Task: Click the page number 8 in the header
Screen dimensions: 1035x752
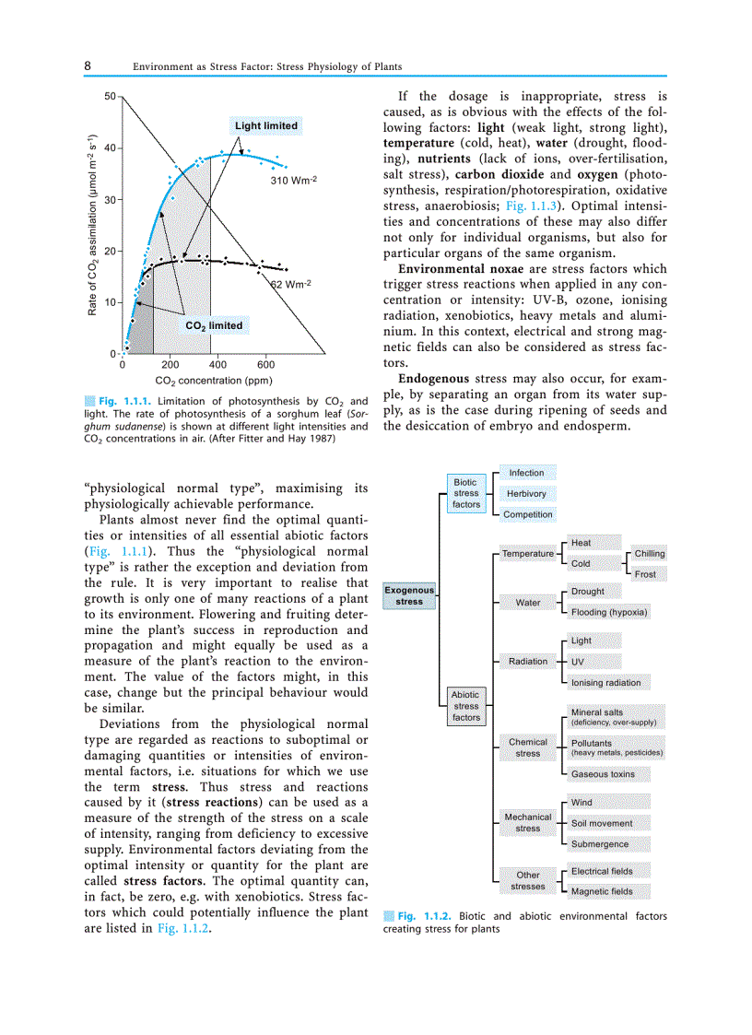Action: point(88,66)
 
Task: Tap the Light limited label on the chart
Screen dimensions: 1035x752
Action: point(266,125)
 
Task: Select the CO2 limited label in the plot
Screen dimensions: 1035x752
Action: point(214,325)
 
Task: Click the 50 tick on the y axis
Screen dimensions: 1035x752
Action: point(110,96)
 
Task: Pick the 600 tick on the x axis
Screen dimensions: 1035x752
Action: point(265,366)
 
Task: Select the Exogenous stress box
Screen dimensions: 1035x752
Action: point(409,595)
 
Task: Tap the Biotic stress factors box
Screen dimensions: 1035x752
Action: point(466,493)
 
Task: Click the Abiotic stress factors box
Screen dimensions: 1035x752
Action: point(466,706)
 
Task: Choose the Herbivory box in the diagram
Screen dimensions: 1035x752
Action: point(527,494)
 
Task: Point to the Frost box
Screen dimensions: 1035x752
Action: point(646,574)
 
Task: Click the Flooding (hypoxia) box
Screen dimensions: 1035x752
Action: point(609,612)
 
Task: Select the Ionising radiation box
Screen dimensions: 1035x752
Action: point(605,683)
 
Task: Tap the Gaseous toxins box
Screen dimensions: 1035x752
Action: point(603,774)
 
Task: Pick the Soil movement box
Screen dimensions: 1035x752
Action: point(602,823)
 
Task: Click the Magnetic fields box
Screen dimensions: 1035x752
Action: point(602,891)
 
